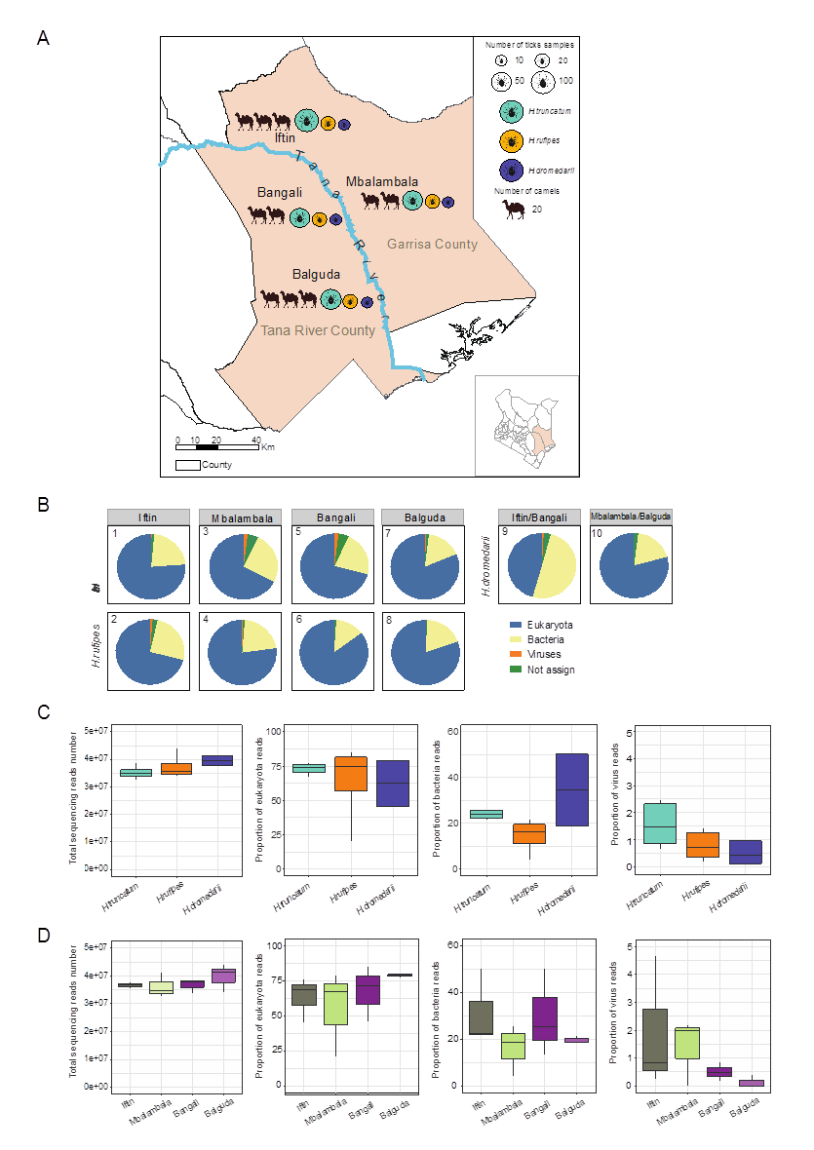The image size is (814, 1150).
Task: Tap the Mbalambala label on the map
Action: (x=383, y=182)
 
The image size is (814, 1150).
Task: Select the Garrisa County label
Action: (x=431, y=244)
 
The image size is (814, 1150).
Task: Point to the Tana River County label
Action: (x=318, y=331)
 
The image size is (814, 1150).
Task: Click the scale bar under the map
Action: (x=217, y=447)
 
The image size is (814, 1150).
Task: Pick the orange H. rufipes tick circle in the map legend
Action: (x=509, y=141)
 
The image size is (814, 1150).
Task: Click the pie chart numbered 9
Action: (x=537, y=565)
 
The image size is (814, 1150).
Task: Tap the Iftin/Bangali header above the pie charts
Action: (x=537, y=517)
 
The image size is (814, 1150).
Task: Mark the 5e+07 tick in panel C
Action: (x=95, y=731)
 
